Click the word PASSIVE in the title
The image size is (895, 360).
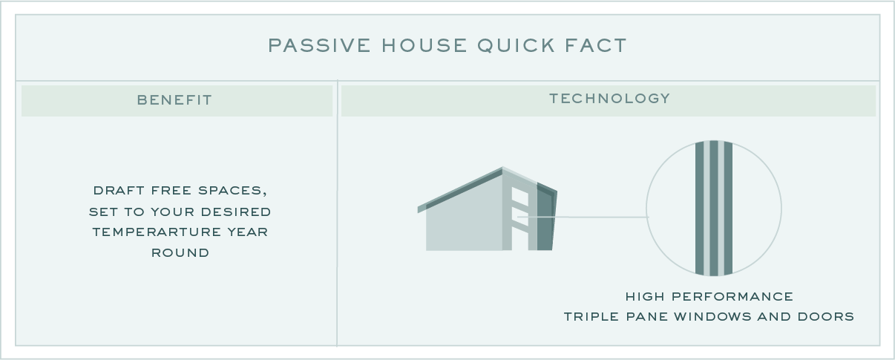tap(319, 45)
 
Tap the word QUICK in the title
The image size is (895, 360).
tap(516, 45)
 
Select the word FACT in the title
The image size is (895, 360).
tap(595, 45)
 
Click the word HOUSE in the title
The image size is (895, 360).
tap(424, 45)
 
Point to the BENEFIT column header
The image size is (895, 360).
tap(174, 100)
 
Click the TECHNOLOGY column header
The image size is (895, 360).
tap(609, 98)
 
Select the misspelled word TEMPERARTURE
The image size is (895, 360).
tap(157, 232)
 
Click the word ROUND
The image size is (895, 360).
tap(180, 252)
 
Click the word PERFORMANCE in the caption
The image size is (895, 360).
tap(732, 296)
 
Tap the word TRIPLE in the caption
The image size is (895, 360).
tap(591, 316)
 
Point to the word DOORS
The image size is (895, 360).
tap(825, 316)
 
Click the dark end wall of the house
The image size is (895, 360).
tap(545, 217)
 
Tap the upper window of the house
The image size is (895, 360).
tap(519, 197)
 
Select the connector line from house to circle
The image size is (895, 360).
tap(583, 217)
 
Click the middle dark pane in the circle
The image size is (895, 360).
tap(714, 208)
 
